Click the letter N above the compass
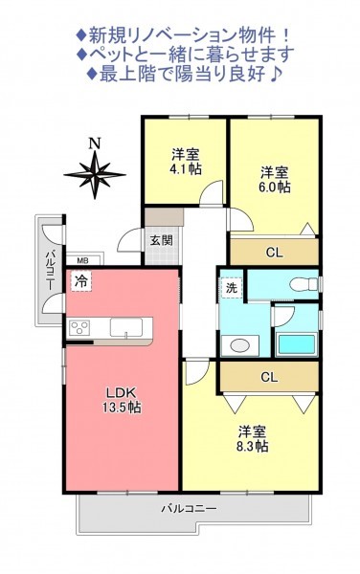coord(95,143)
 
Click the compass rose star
coord(95,175)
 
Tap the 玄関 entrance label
coord(161,240)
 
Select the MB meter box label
coord(82,260)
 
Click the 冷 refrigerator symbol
coord(81,280)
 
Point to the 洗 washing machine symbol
coord(231,288)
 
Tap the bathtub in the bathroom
coord(297,344)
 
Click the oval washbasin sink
coord(240,344)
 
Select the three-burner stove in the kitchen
coord(80,326)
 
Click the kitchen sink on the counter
coord(126,327)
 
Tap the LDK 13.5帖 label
coord(122,400)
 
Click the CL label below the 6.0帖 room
coord(274,253)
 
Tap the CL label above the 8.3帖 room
coord(269,377)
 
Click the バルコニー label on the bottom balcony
coord(190,509)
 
